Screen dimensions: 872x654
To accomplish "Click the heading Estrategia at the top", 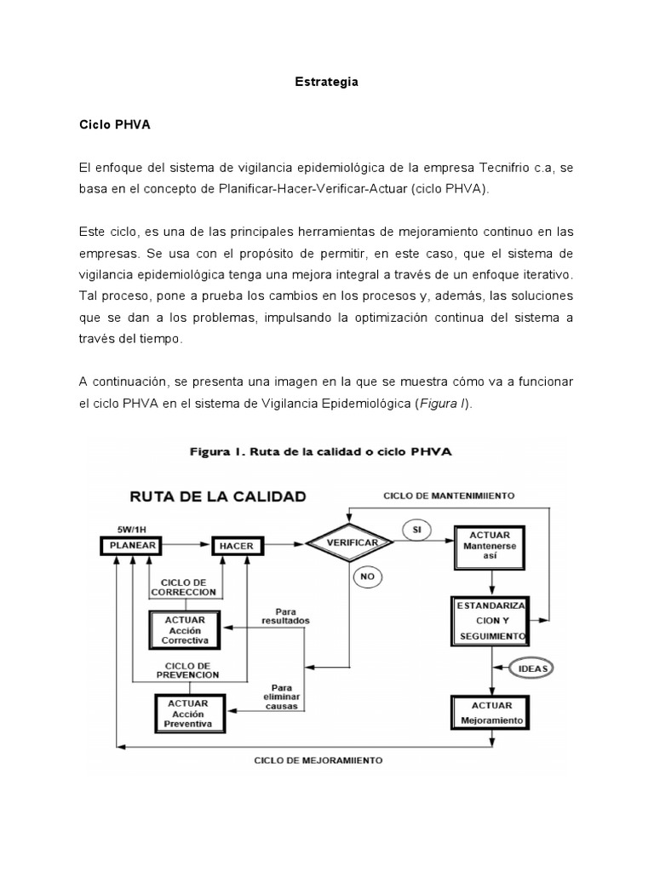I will click(x=326, y=83).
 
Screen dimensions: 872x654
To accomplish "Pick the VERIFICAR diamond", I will click(x=350, y=542).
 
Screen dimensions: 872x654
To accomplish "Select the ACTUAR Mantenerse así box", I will click(x=490, y=546).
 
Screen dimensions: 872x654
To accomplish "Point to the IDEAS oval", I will click(x=529, y=668).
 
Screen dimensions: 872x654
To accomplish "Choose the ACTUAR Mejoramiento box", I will click(x=490, y=712).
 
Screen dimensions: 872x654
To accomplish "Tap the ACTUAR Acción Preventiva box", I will click(x=195, y=712).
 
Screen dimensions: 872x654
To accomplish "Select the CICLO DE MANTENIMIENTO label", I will click(x=448, y=495).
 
